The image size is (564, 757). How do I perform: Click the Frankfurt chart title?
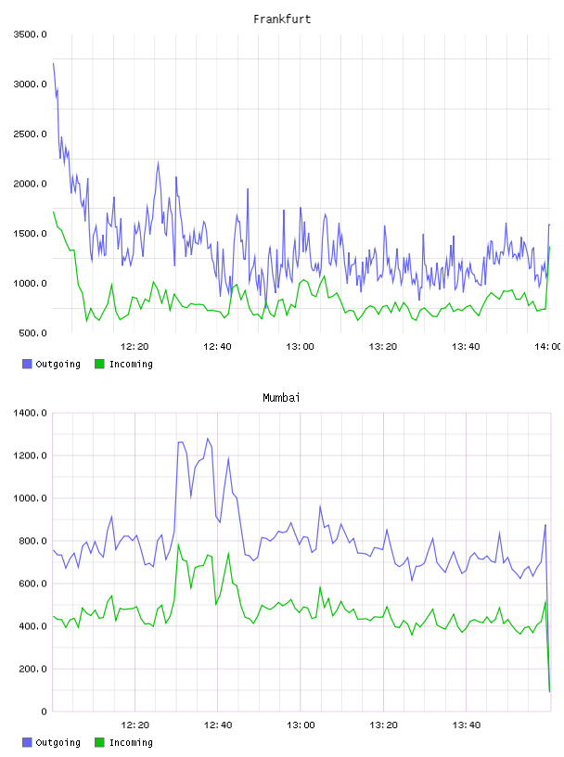point(282,19)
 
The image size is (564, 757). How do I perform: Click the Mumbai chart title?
point(281,398)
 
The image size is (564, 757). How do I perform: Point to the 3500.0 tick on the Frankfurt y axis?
point(30,34)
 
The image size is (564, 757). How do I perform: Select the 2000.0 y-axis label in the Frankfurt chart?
point(30,184)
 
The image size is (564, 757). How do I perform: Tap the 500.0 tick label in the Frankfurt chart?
point(32,333)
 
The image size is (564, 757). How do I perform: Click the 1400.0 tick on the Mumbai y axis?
point(30,413)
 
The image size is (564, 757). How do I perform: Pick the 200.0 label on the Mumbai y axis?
point(32,669)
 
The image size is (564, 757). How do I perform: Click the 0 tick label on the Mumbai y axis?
point(44,712)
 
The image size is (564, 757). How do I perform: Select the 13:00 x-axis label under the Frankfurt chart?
point(300,347)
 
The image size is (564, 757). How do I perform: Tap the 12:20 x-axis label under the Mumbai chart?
point(135,725)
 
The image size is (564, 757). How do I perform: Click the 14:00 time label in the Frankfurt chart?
point(547,347)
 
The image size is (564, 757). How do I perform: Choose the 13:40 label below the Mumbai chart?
point(466,725)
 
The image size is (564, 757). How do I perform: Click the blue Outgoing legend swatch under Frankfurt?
point(27,364)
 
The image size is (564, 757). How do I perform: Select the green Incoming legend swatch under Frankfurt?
point(99,364)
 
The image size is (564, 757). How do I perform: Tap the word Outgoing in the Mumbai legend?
point(58,742)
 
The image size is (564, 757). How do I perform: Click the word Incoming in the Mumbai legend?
point(131,742)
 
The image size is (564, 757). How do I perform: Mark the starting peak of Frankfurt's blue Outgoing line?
point(53,63)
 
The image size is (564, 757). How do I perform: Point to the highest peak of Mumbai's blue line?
point(208,439)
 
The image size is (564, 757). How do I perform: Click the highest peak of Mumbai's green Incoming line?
point(178,545)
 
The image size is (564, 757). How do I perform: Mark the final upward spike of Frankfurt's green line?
point(549,247)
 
